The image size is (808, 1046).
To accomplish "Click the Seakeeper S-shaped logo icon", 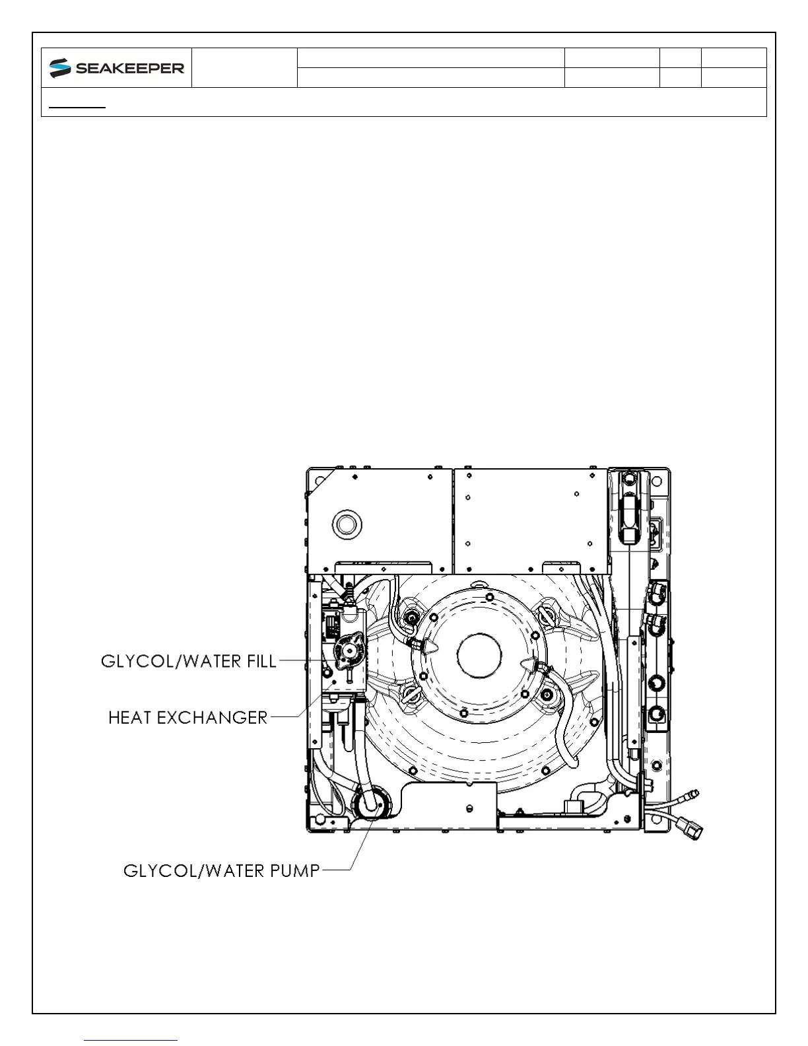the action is coord(60,67).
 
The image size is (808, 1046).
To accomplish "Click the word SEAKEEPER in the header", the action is coord(129,68).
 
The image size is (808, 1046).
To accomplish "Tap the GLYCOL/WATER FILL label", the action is coord(188,661).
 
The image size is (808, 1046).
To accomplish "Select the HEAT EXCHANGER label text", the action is coord(188,717).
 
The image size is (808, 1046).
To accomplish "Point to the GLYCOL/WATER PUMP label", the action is coord(222,870).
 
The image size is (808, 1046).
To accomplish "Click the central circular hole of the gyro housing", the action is coord(479,656).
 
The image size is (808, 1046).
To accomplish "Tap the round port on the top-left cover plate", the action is coord(347,525).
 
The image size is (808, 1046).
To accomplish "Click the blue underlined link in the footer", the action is coord(131,1040).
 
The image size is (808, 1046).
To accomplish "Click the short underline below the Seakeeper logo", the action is coord(78,106).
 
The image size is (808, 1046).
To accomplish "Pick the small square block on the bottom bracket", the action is coord(572,806).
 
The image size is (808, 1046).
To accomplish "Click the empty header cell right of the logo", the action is coord(244,67).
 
